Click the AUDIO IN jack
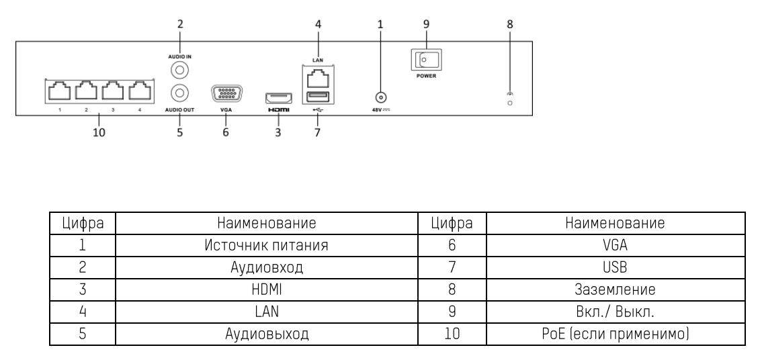coord(179,69)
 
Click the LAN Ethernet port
coord(318,79)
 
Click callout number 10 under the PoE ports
coord(99,132)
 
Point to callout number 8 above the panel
coord(509,24)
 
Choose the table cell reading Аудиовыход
coord(269,332)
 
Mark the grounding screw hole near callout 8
coord(510,103)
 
